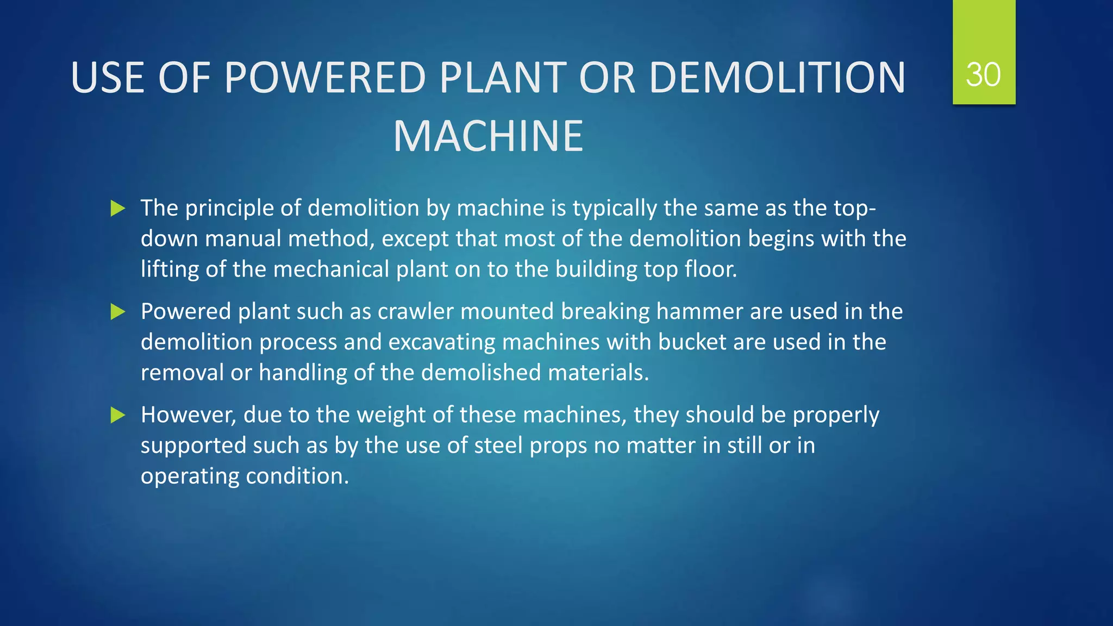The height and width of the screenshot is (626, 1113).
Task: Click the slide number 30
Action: [x=983, y=75]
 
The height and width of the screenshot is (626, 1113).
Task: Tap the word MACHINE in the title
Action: [x=488, y=136]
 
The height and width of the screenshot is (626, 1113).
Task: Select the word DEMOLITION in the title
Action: [x=777, y=77]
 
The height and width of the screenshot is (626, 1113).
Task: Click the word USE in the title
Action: [x=108, y=77]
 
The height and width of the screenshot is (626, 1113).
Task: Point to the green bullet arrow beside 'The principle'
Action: [x=118, y=208]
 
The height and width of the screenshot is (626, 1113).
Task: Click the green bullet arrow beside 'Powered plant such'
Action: [x=118, y=312]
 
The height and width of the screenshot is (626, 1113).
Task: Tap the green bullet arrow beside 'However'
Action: [x=118, y=415]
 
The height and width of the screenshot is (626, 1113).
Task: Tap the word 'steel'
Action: [x=498, y=446]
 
